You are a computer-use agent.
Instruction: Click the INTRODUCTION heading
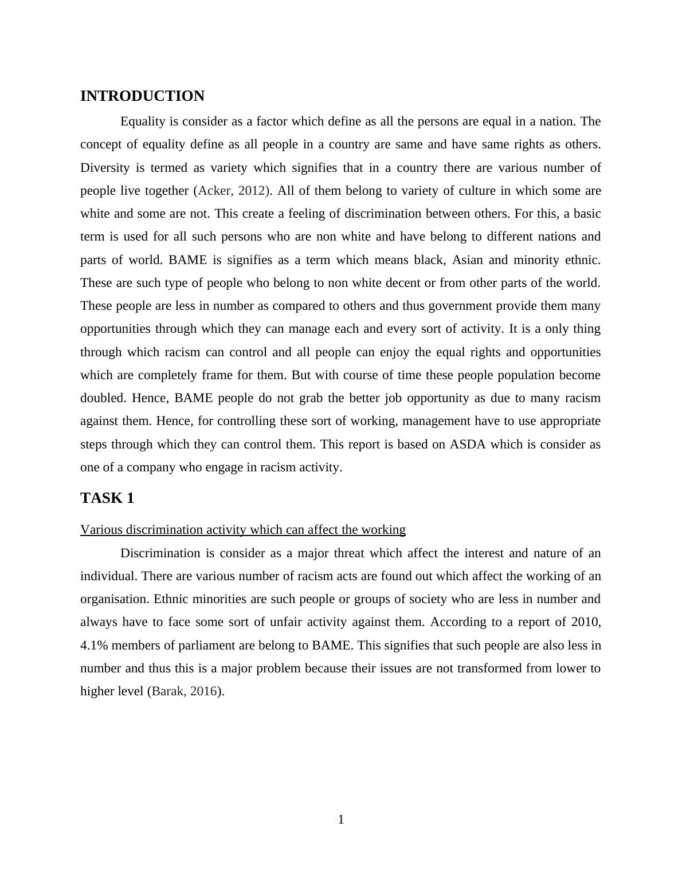click(142, 96)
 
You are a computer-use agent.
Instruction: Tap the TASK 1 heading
click(107, 498)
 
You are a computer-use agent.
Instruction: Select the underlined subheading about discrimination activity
click(243, 530)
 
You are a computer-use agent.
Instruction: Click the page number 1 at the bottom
click(341, 820)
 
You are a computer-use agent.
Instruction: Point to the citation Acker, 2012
click(232, 191)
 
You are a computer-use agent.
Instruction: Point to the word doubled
click(103, 398)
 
